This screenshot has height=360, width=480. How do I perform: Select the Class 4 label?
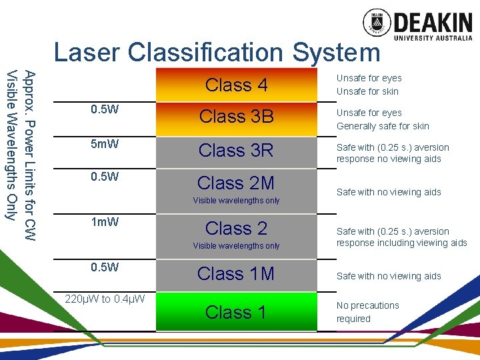tap(236, 85)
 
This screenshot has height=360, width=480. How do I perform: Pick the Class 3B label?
tap(236, 117)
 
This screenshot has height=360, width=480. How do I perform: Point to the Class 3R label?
tap(236, 151)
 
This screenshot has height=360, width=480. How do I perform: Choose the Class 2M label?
tap(236, 183)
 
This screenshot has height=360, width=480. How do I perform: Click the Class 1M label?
tap(236, 274)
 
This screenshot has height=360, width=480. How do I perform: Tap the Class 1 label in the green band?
tap(236, 312)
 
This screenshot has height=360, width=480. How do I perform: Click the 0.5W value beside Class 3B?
tap(105, 109)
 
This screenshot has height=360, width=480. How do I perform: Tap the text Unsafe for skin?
tap(367, 91)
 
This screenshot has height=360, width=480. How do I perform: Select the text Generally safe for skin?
tap(383, 126)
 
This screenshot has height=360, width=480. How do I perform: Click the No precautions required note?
tap(367, 312)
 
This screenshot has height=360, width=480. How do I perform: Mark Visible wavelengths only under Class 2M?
tap(236, 201)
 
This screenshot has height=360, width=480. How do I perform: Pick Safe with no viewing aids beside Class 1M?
tap(389, 276)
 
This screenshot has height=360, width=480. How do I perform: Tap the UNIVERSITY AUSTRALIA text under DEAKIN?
tap(433, 38)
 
